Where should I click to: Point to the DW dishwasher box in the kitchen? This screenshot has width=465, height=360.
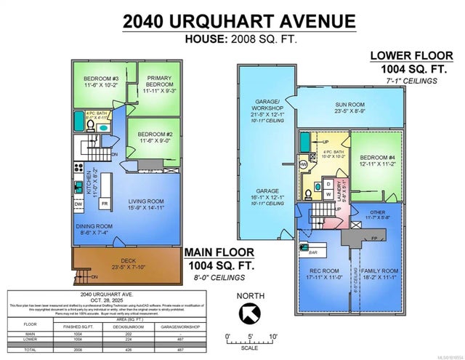tap(78, 204)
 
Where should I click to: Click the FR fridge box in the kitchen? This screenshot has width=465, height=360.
tap(105, 204)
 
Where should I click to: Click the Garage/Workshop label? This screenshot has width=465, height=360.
tap(264, 110)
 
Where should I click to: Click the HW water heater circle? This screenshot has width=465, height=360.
tap(304, 164)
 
